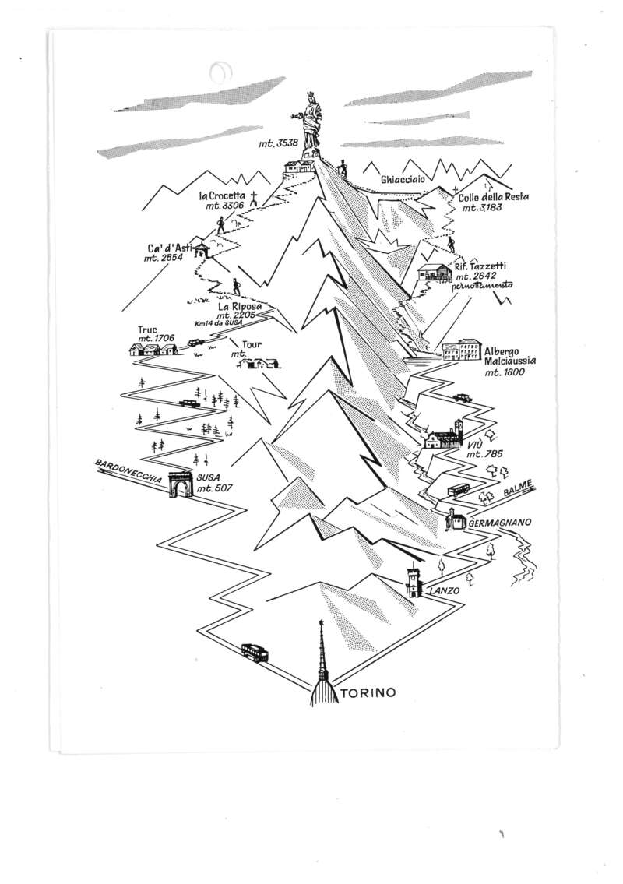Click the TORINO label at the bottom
(368, 692)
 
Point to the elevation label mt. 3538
(279, 143)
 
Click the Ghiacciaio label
(403, 180)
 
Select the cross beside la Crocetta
(254, 198)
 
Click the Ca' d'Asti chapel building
(201, 250)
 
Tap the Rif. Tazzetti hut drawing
(435, 273)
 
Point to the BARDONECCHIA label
(128, 470)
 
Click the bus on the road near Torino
(255, 652)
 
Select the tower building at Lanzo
(414, 581)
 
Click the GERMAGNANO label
(500, 523)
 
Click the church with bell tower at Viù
(445, 435)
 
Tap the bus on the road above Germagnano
(459, 491)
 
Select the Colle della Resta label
(493, 197)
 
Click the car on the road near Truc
(195, 342)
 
